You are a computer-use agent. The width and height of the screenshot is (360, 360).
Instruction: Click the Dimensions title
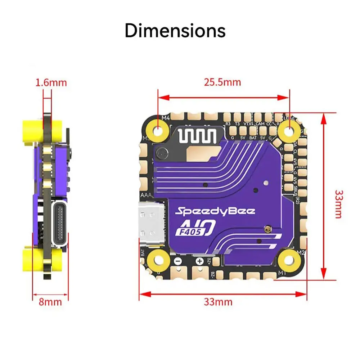pyautogui.click(x=175, y=31)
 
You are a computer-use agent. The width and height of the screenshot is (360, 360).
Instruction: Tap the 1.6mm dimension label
pyautogui.click(x=51, y=82)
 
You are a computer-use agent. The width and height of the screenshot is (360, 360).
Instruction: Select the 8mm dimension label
pyautogui.click(x=50, y=301)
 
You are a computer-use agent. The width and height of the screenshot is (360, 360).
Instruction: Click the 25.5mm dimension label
pyautogui.click(x=222, y=82)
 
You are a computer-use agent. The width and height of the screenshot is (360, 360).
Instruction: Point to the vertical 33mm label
pyautogui.click(x=338, y=204)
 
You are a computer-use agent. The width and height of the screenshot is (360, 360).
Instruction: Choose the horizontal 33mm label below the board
pyautogui.click(x=218, y=302)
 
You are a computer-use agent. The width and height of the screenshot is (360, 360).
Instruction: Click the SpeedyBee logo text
pyautogui.click(x=215, y=211)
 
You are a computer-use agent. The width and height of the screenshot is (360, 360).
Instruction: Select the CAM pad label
pyautogui.click(x=260, y=124)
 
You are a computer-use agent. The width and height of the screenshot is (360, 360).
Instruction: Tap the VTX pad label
pyautogui.click(x=248, y=124)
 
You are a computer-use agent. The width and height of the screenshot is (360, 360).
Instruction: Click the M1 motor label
pyautogui.click(x=283, y=274)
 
